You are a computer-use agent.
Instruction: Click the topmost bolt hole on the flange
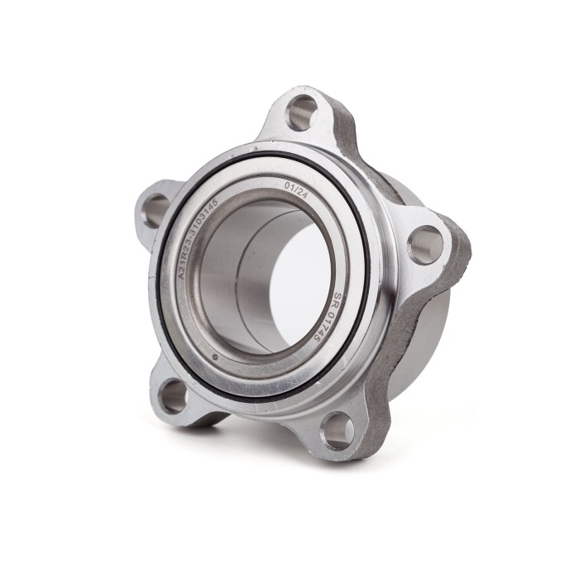301,112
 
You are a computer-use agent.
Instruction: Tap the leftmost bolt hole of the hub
155,209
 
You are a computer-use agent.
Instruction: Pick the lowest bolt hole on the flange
337,429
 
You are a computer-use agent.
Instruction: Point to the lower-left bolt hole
174,395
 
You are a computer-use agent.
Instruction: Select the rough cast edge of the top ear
341,124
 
